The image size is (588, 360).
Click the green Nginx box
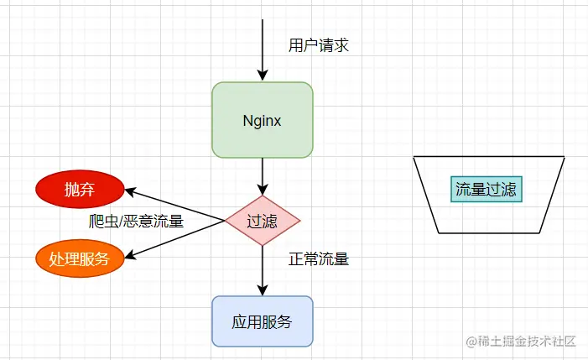[263, 120]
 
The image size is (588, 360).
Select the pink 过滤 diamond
[263, 222]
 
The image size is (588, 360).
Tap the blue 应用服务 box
[263, 321]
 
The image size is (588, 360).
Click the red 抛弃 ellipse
[80, 190]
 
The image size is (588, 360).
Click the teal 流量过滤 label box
[487, 189]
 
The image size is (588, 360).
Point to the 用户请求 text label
[318, 45]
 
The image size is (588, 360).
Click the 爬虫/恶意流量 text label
[136, 222]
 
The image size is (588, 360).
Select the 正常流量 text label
[318, 259]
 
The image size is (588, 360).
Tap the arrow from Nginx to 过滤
[263, 176]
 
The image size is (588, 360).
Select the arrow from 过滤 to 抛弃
[176, 206]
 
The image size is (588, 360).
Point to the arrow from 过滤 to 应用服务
[263, 269]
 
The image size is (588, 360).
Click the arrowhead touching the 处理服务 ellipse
[128, 254]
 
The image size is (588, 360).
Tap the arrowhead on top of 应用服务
[263, 290]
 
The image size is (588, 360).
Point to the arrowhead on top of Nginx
[263, 76]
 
